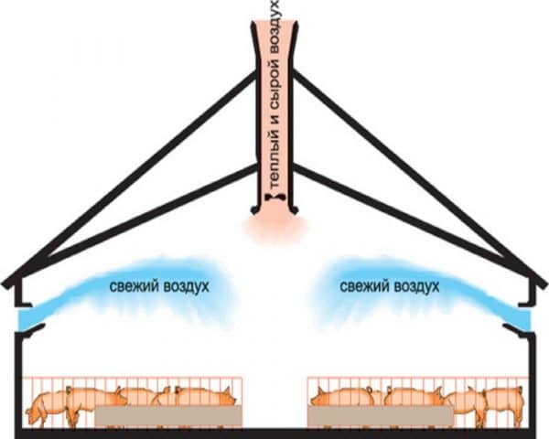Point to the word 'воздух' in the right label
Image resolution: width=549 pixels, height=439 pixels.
(416, 286)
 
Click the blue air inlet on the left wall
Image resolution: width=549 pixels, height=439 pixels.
(27, 319)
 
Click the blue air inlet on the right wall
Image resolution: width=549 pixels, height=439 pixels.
(522, 319)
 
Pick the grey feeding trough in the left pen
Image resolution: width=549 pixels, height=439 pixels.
(168, 416)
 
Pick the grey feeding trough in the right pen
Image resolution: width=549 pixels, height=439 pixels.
(381, 416)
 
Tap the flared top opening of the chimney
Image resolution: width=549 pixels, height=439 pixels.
(274, 26)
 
